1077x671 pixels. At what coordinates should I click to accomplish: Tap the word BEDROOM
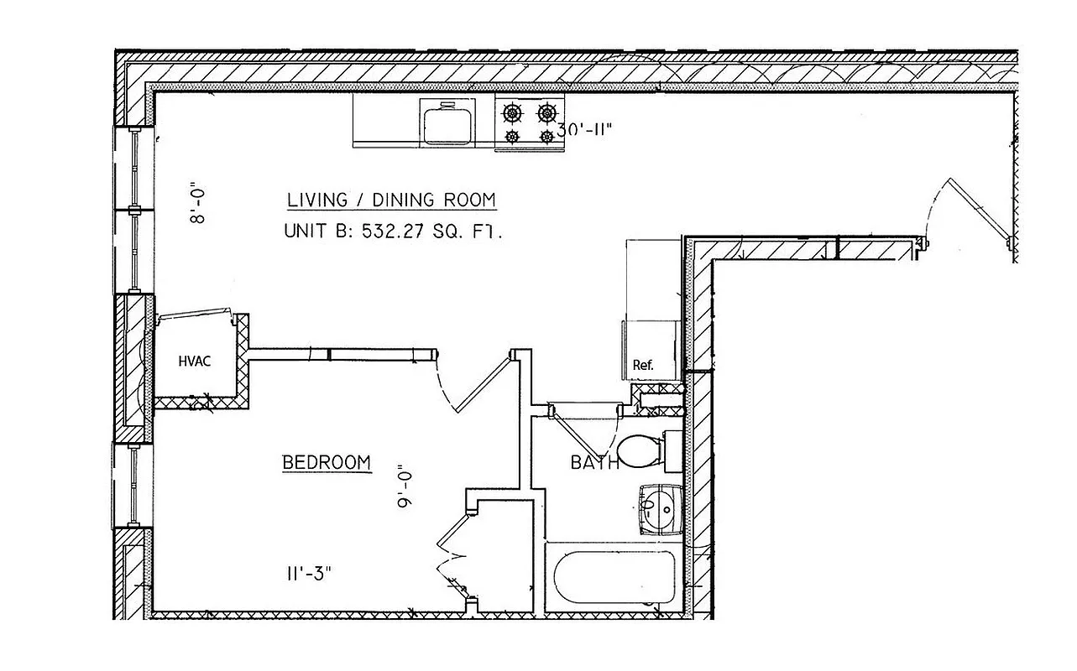(x=327, y=462)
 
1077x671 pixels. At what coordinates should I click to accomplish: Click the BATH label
(x=594, y=462)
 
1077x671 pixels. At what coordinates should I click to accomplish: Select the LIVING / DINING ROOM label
(x=391, y=200)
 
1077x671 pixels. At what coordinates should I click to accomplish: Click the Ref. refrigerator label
(x=643, y=365)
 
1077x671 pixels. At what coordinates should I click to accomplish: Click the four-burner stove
(x=529, y=122)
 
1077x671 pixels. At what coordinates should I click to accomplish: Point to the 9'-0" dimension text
(x=406, y=486)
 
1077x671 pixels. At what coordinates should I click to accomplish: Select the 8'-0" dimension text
(x=198, y=204)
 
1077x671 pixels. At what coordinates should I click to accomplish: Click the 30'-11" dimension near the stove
(x=586, y=130)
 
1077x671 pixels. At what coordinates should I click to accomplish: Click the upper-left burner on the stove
(x=510, y=112)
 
